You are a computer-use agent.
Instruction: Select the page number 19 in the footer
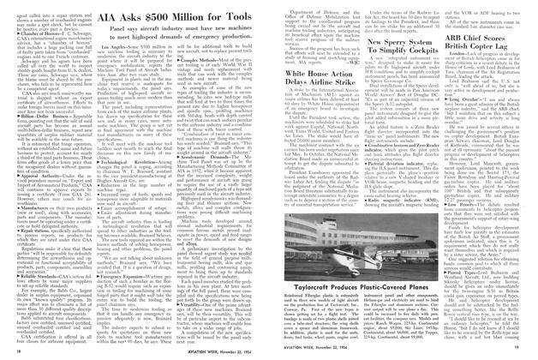(518, 351)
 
